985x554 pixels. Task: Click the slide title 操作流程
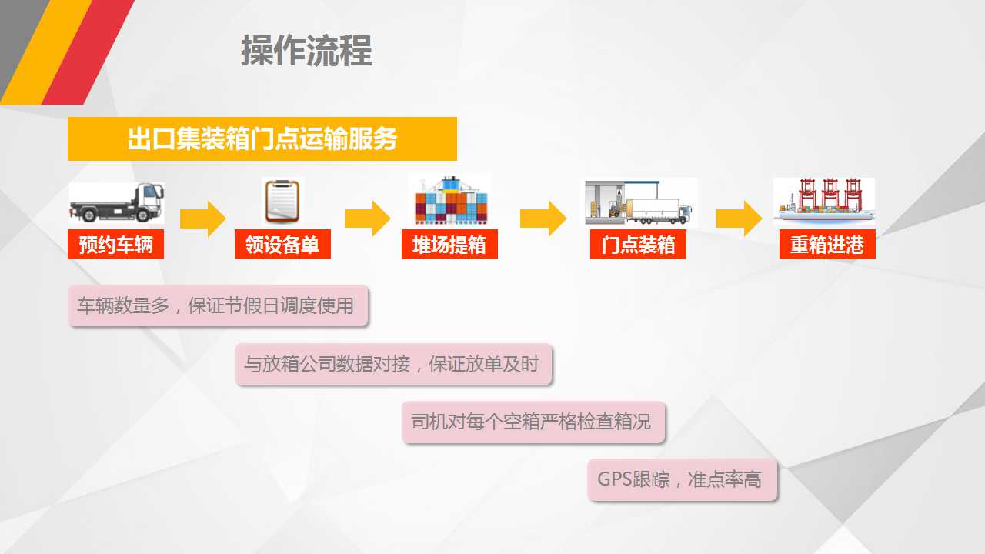(306, 51)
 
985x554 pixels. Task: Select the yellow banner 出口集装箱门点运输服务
(262, 139)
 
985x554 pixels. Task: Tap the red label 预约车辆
(115, 244)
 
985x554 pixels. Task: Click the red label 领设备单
(282, 244)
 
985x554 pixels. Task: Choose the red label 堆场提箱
(449, 244)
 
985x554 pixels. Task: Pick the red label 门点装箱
(638, 244)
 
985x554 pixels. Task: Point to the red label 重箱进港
(827, 244)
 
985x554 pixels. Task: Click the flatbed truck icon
(116, 203)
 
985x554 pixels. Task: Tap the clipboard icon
(282, 202)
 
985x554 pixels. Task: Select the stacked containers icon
(450, 200)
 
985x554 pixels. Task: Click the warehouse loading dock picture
(640, 202)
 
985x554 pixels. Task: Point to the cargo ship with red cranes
(824, 202)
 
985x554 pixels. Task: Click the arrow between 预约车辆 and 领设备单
(202, 219)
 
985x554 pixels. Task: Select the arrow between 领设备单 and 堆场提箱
(367, 219)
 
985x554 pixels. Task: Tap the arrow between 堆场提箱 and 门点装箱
(543, 219)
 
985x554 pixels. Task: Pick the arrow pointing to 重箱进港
(740, 219)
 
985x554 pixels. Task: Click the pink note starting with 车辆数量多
(218, 306)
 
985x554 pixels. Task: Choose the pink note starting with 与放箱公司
(393, 365)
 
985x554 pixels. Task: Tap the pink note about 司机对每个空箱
(533, 422)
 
